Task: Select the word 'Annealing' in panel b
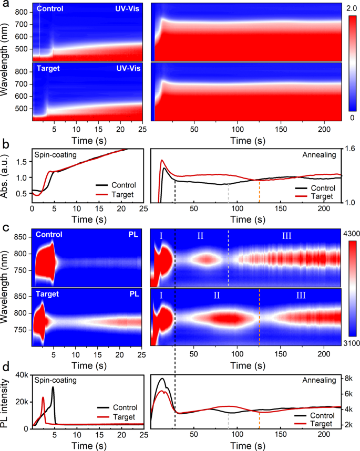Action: coord(322,156)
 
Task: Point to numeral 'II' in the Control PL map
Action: coord(200,236)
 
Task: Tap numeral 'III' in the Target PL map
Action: coord(301,296)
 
